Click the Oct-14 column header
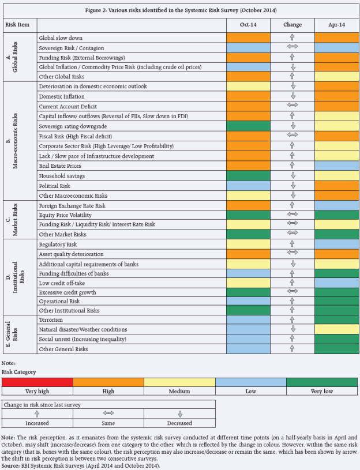pos(248,25)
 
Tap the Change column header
pos(292,25)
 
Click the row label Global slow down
pos(61,38)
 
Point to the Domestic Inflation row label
pos(61,96)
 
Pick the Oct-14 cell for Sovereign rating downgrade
pos(248,126)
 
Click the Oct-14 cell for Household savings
pos(248,175)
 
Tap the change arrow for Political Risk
pos(292,186)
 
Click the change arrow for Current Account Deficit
pos(292,106)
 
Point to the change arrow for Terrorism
pos(292,319)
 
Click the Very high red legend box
pos(37,382)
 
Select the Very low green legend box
pos(322,382)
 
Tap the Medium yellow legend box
pos(179,382)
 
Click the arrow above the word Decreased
pos(179,413)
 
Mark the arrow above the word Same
pos(108,413)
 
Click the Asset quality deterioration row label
pos(72,254)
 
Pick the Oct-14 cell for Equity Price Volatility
pos(248,215)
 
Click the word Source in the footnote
pos(12,464)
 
